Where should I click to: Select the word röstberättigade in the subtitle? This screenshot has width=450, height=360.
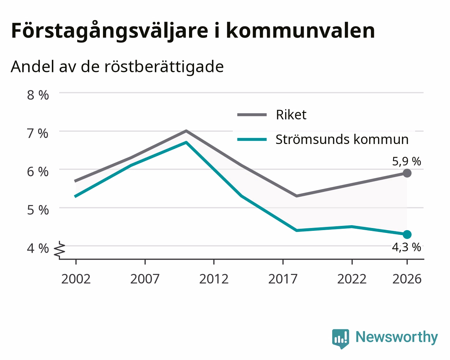[164, 67]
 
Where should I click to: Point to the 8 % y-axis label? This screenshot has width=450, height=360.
[38, 95]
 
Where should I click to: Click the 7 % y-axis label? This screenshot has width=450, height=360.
[38, 133]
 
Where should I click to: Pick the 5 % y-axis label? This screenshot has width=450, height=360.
[38, 210]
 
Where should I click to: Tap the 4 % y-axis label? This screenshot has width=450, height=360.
[38, 248]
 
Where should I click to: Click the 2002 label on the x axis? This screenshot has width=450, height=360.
[76, 279]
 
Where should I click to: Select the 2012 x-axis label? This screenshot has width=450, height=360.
[214, 279]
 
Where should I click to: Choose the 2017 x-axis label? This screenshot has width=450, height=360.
[283, 279]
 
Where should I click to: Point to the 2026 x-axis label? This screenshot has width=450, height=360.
[407, 279]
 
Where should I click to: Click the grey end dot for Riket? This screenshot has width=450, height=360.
[407, 173]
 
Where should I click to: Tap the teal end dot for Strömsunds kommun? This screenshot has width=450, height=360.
[407, 234]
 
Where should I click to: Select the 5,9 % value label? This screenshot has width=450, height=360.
[407, 162]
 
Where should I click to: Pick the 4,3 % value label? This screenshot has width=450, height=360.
[406, 247]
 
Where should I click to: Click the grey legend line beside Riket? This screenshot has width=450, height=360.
[252, 114]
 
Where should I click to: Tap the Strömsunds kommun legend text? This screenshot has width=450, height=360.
[342, 139]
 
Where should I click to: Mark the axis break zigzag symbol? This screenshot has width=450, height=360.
[60, 250]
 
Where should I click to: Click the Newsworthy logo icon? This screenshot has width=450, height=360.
[341, 339]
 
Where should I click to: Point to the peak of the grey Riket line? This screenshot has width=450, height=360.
[186, 131]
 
